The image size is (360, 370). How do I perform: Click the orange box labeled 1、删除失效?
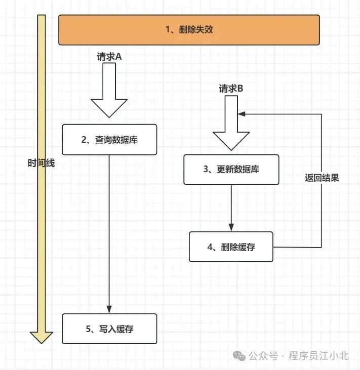[189, 30]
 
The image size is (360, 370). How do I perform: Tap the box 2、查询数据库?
[109, 140]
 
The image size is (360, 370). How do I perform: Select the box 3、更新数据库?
[231, 170]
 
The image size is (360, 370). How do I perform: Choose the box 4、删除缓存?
[231, 247]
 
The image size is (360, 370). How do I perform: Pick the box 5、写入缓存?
[109, 328]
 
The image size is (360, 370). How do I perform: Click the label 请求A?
[109, 57]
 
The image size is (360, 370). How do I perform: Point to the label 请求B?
[231, 89]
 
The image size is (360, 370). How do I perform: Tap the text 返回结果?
[322, 178]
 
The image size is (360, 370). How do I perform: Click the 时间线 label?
[41, 163]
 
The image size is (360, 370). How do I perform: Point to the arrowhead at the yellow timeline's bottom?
[42, 337]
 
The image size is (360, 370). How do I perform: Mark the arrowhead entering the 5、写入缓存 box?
[109, 310]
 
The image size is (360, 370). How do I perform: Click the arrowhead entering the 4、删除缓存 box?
[231, 228]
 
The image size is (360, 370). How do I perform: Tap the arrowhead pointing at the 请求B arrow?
[242, 114]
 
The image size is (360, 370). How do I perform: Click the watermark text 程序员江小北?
[318, 356]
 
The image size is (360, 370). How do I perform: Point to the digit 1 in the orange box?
[168, 30]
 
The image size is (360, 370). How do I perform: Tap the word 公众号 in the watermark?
[263, 356]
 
